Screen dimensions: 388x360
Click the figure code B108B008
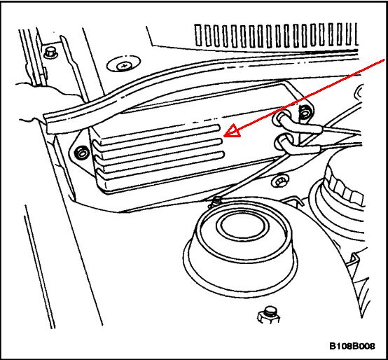click(352, 346)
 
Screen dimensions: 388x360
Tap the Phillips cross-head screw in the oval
click(123, 66)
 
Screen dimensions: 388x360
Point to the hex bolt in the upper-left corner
click(50, 53)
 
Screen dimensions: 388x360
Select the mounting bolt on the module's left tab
click(81, 153)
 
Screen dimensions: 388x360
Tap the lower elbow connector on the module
click(297, 145)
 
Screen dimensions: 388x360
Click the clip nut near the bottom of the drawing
click(269, 316)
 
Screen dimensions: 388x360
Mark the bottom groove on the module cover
click(162, 162)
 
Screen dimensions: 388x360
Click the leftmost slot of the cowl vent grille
click(198, 35)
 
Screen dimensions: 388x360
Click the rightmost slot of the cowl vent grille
click(356, 34)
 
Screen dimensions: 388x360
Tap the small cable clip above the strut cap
click(215, 202)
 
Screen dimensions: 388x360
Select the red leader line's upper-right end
click(385, 60)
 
